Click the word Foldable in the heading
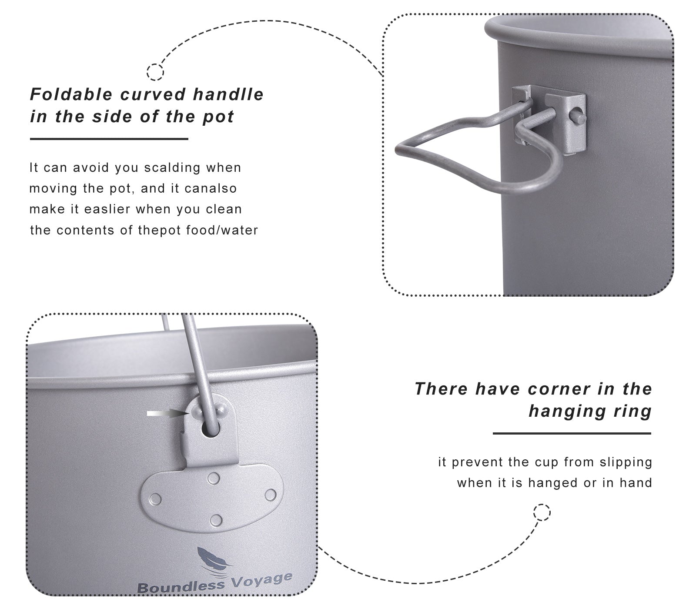click(71, 94)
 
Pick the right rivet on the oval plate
click(270, 495)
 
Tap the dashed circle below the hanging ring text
click(542, 512)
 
